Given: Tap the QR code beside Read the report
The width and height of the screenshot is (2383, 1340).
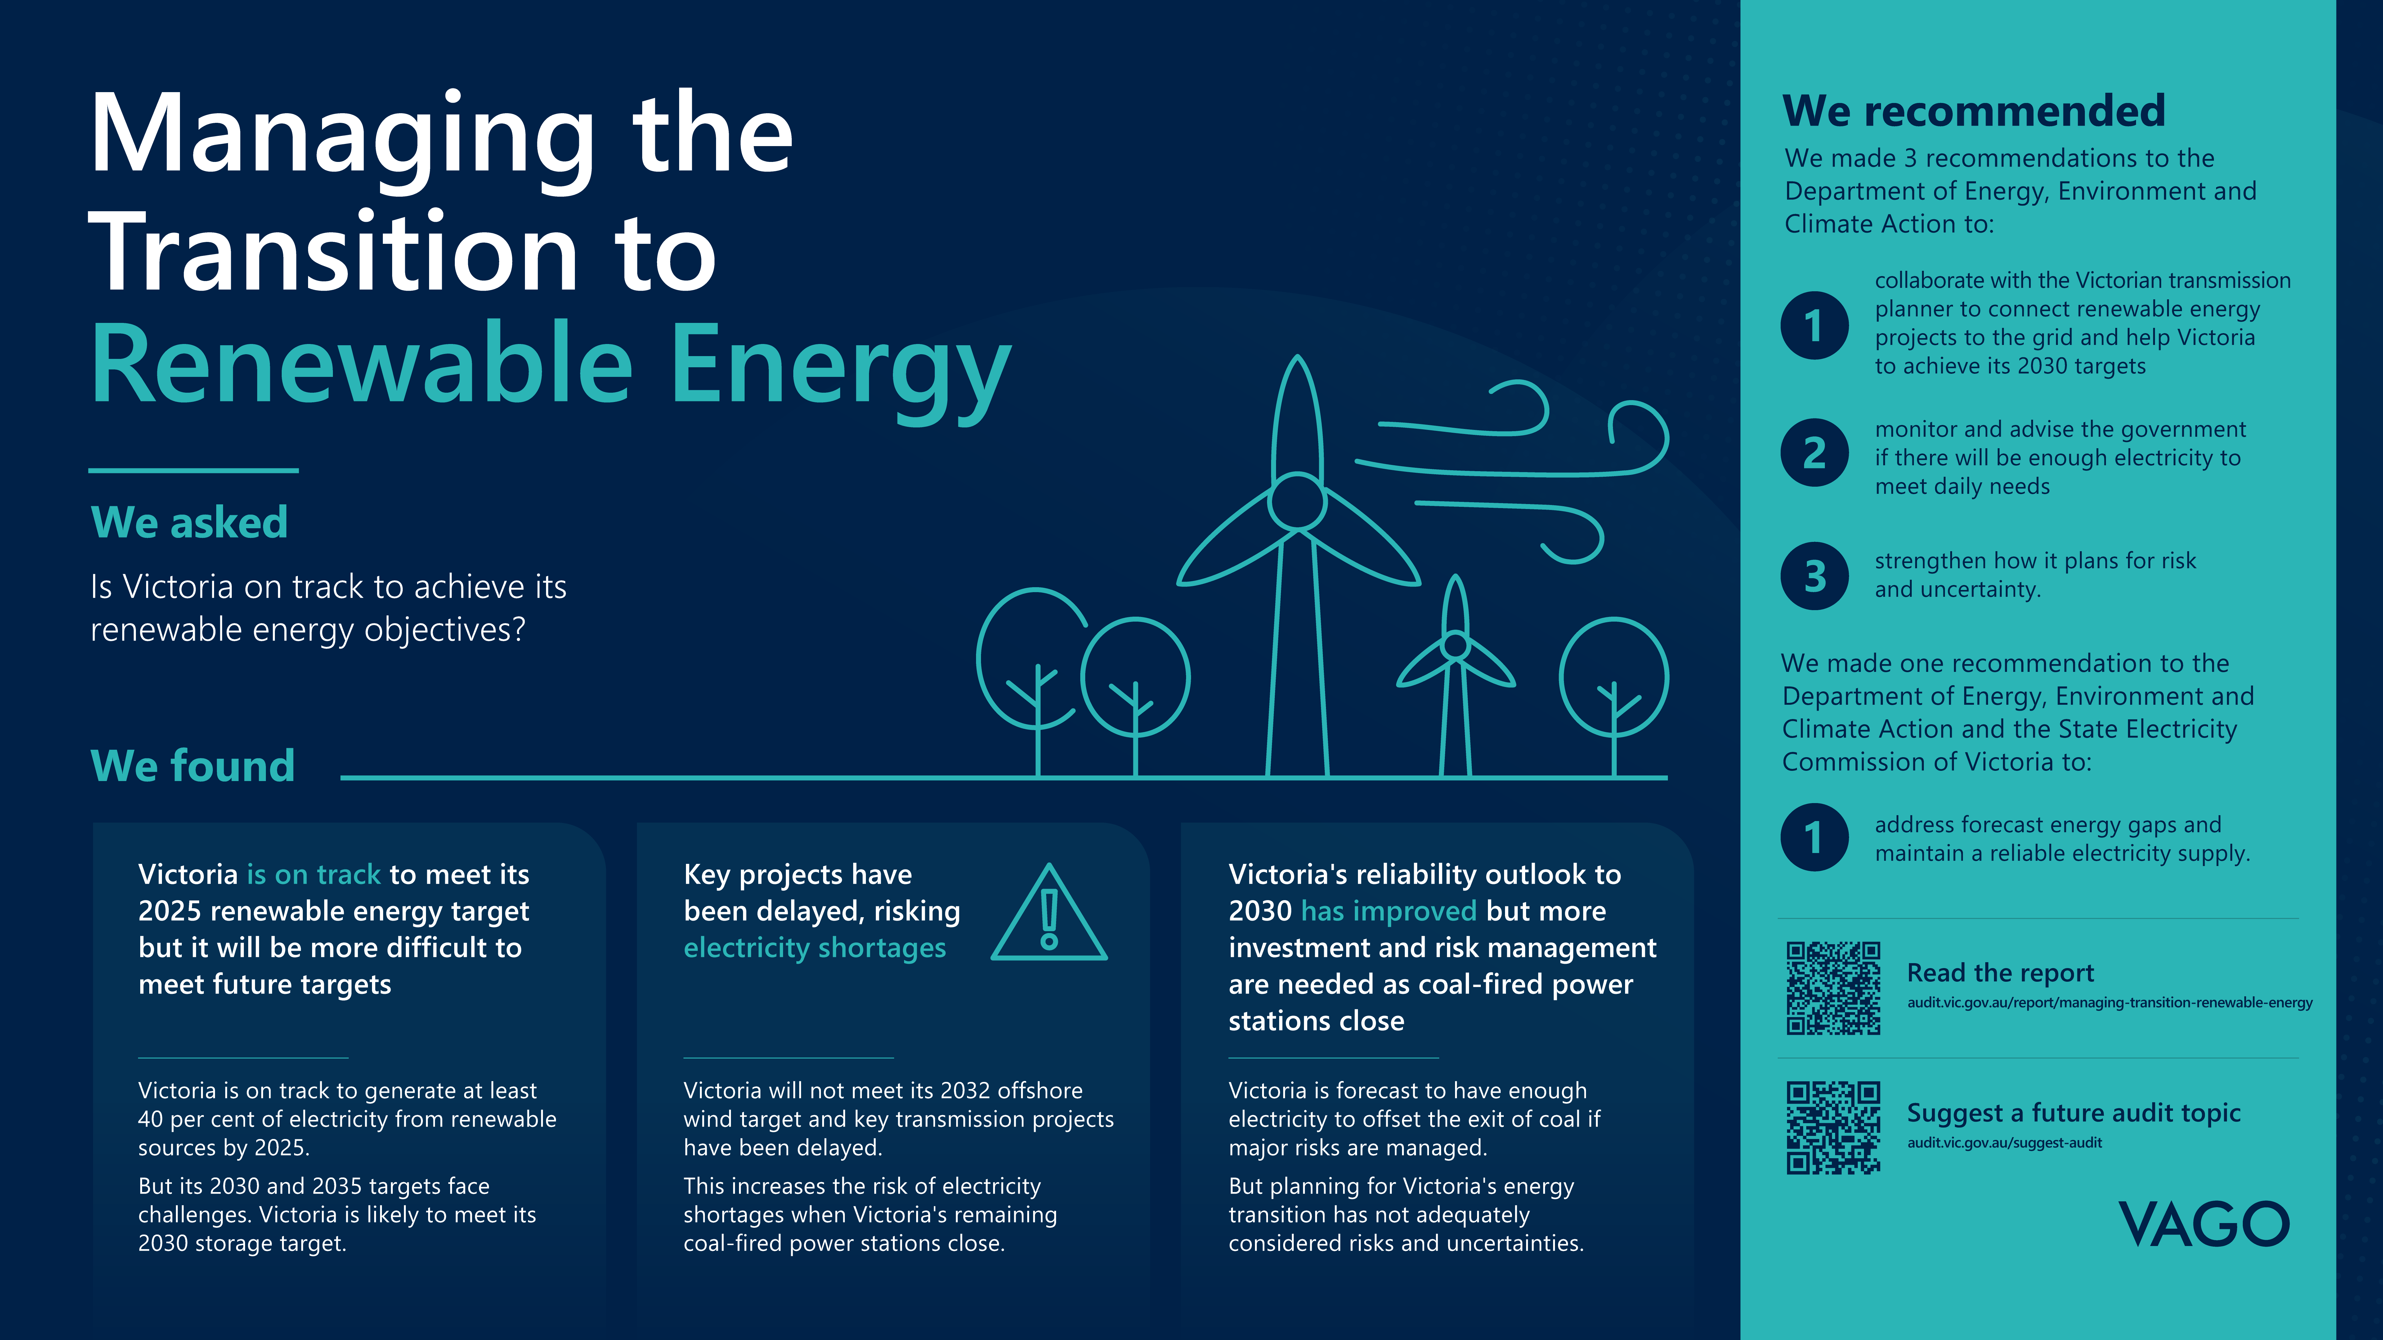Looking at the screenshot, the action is [x=1833, y=988].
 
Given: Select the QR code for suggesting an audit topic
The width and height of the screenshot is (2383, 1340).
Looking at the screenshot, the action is [x=1833, y=1127].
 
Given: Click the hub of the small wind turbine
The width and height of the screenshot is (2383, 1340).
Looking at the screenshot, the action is [x=1455, y=645].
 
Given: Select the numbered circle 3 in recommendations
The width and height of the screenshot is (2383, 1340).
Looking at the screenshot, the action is [x=1814, y=575].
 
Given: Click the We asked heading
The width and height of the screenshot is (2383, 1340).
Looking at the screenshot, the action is [x=190, y=522].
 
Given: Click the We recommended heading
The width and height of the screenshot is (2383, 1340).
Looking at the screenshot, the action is [x=1974, y=111].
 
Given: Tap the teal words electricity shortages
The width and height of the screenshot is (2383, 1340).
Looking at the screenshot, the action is [x=814, y=948].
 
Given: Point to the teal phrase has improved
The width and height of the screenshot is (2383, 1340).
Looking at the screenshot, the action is [x=1389, y=911].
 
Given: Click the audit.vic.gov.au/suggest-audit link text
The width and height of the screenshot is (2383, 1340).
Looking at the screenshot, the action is [x=2004, y=1143].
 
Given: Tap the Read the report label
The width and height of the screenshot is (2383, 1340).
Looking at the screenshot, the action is [x=2000, y=973].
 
